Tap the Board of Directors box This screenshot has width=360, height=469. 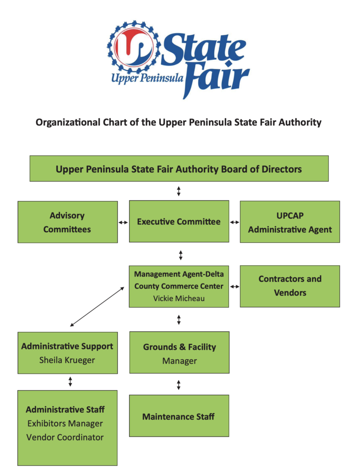click(x=179, y=169)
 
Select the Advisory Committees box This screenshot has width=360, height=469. click(x=67, y=222)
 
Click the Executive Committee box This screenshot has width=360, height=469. click(x=179, y=222)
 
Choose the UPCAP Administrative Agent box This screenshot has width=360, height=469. click(x=289, y=222)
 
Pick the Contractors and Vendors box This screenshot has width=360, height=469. click(x=289, y=286)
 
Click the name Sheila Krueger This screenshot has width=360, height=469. click(x=67, y=360)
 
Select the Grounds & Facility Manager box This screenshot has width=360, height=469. click(x=179, y=353)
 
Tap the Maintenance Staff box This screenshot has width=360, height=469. click(x=179, y=416)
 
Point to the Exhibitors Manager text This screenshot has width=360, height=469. click(x=65, y=424)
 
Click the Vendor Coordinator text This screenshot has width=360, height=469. click(x=65, y=437)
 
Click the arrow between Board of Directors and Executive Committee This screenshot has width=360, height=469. click(x=179, y=191)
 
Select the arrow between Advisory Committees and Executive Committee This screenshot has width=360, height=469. click(x=123, y=222)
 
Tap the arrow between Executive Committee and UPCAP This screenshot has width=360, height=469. click(x=235, y=222)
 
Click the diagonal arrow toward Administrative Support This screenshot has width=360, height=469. click(x=97, y=306)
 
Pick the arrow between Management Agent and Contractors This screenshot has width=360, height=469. click(x=235, y=287)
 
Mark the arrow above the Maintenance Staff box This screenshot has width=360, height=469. click(x=179, y=385)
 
